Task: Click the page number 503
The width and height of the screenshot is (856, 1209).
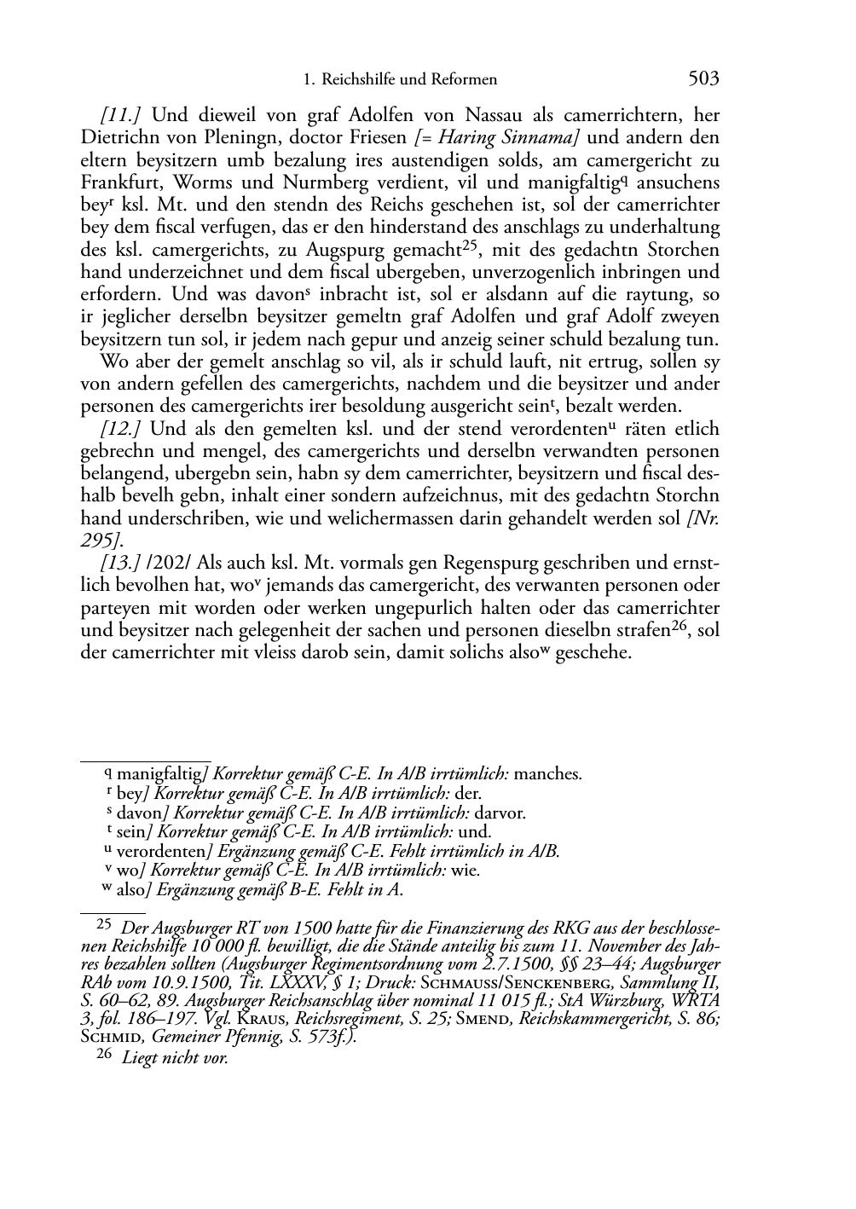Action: [x=703, y=79]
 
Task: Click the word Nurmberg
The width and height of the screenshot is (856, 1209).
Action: [x=316, y=182]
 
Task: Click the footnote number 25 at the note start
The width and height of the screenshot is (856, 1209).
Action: [x=103, y=923]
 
